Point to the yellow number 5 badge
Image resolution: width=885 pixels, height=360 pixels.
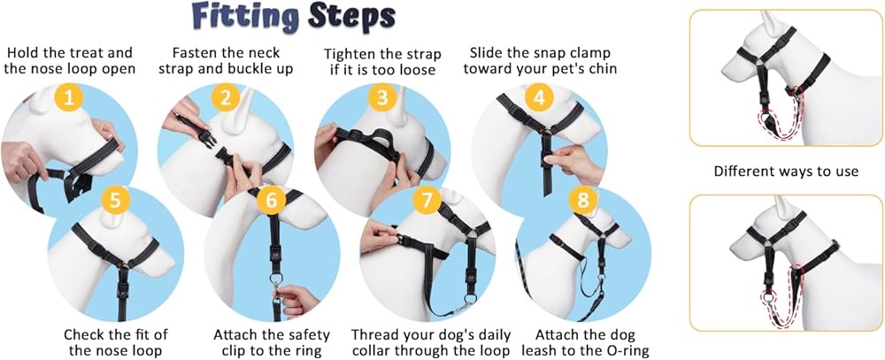pyautogui.click(x=119, y=200)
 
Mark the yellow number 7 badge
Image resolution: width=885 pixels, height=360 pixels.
pyautogui.click(x=427, y=200)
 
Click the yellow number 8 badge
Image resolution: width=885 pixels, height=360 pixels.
pyautogui.click(x=582, y=200)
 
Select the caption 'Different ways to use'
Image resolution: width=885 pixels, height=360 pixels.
pyautogui.click(x=786, y=171)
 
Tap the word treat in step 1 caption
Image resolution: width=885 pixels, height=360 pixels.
pyautogui.click(x=95, y=52)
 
